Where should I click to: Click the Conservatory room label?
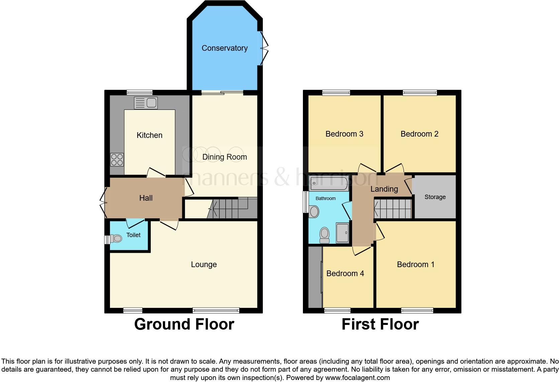(x=224, y=48)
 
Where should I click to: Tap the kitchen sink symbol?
(x=146, y=103)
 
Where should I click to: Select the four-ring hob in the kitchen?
(x=117, y=160)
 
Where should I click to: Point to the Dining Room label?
(x=224, y=157)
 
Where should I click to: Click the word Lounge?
(x=204, y=264)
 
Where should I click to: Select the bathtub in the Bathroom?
(x=329, y=183)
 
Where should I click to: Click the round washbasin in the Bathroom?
(x=314, y=211)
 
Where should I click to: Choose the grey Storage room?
(x=435, y=197)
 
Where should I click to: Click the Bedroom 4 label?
(x=345, y=273)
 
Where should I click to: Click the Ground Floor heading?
(x=184, y=324)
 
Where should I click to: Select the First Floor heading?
(x=380, y=324)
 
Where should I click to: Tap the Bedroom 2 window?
(x=420, y=92)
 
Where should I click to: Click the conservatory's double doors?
(x=264, y=48)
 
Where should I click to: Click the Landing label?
(x=384, y=189)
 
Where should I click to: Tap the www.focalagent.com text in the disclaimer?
(x=357, y=378)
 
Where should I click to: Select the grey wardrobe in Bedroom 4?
(x=315, y=277)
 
